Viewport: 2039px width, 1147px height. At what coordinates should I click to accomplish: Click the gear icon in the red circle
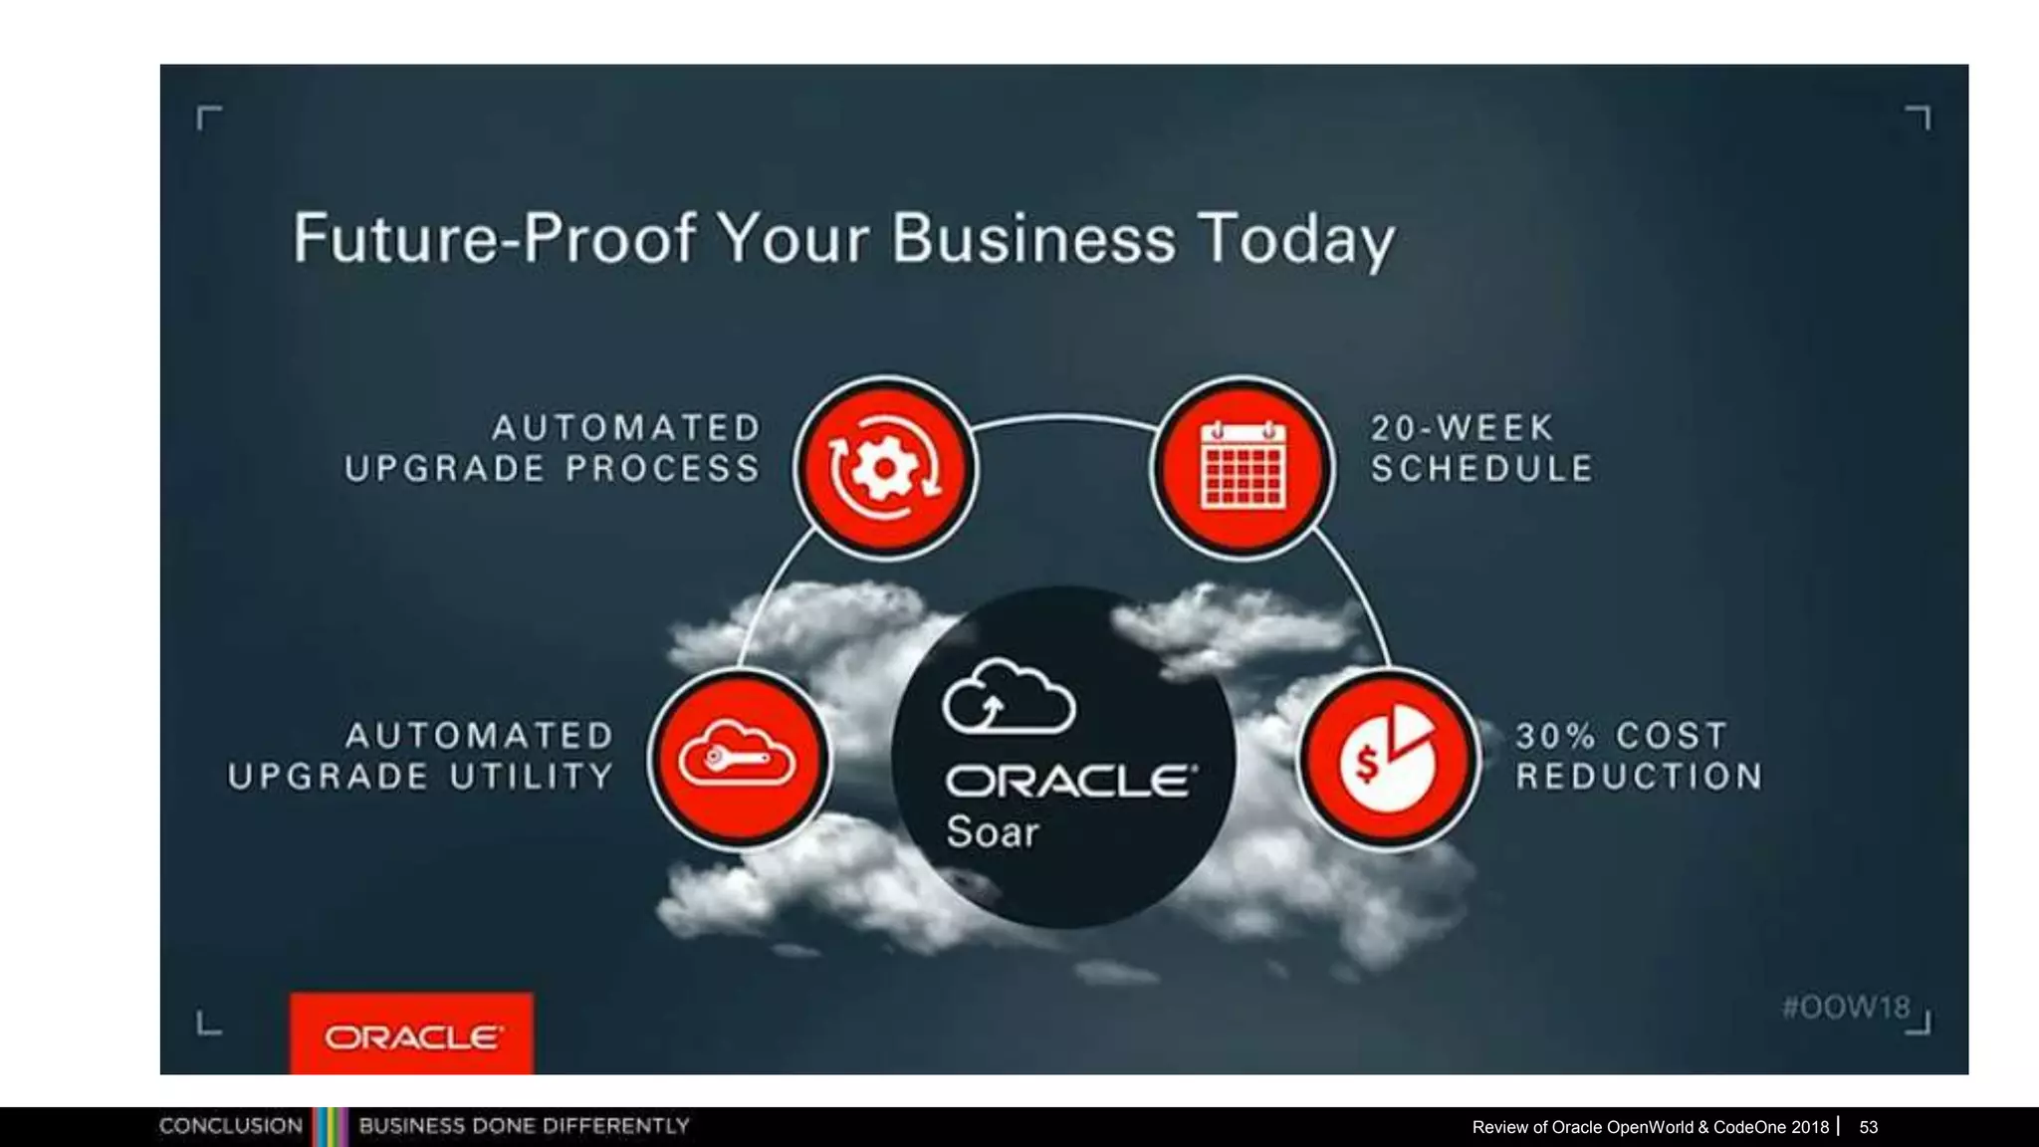[x=884, y=468]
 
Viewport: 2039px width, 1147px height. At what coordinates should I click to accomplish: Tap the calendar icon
[x=1243, y=466]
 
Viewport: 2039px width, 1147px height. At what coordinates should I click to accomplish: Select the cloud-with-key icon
[x=737, y=761]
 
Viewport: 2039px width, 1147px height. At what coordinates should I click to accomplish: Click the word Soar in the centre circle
[x=992, y=831]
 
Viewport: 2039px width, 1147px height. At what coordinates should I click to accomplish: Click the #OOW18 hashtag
[x=1846, y=1007]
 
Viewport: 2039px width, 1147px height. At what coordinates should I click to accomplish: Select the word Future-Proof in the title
[x=494, y=239]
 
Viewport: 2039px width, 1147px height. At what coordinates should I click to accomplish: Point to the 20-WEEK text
[x=1462, y=428]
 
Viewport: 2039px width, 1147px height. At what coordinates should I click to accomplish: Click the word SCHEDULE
[x=1481, y=468]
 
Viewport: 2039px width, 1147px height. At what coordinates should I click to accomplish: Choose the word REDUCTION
[x=1639, y=776]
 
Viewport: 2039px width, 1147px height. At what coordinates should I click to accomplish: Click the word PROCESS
[x=663, y=468]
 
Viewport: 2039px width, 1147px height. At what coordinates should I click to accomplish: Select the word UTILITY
[x=532, y=776]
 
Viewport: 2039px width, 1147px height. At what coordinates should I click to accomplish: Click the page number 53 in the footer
[x=1868, y=1127]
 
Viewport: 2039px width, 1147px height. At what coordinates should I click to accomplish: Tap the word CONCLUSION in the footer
[x=231, y=1126]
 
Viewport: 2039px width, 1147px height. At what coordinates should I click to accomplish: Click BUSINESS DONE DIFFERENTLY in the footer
[x=524, y=1126]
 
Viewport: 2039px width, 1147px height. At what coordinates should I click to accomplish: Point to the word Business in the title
[x=1033, y=239]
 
